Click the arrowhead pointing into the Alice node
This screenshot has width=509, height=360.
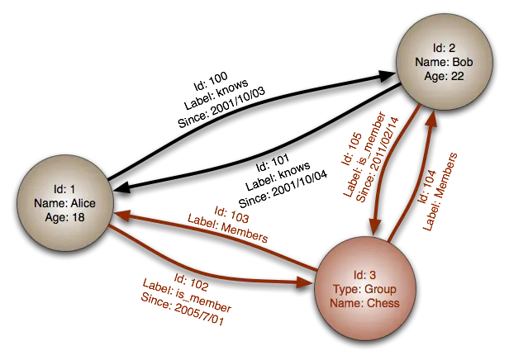point(121,213)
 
